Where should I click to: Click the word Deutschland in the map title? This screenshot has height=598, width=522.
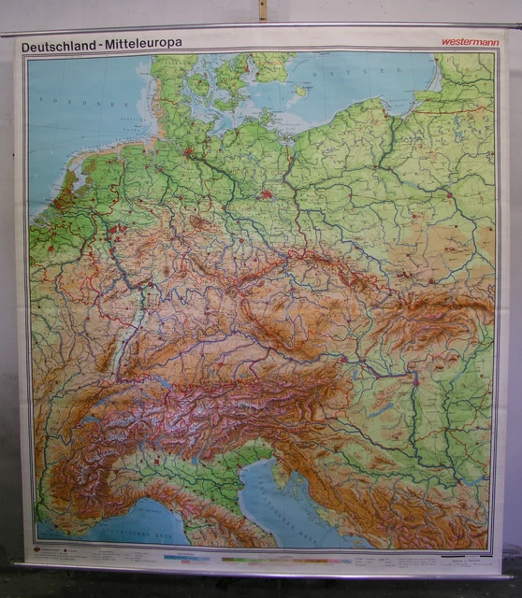(58, 44)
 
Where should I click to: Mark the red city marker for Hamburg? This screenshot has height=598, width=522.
(188, 152)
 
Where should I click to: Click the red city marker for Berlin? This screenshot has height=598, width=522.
(268, 195)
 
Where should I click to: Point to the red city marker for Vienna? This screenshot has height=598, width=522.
(343, 359)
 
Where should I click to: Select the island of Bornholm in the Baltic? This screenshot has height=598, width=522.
(300, 91)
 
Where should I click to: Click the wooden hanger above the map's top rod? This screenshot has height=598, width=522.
(263, 10)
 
